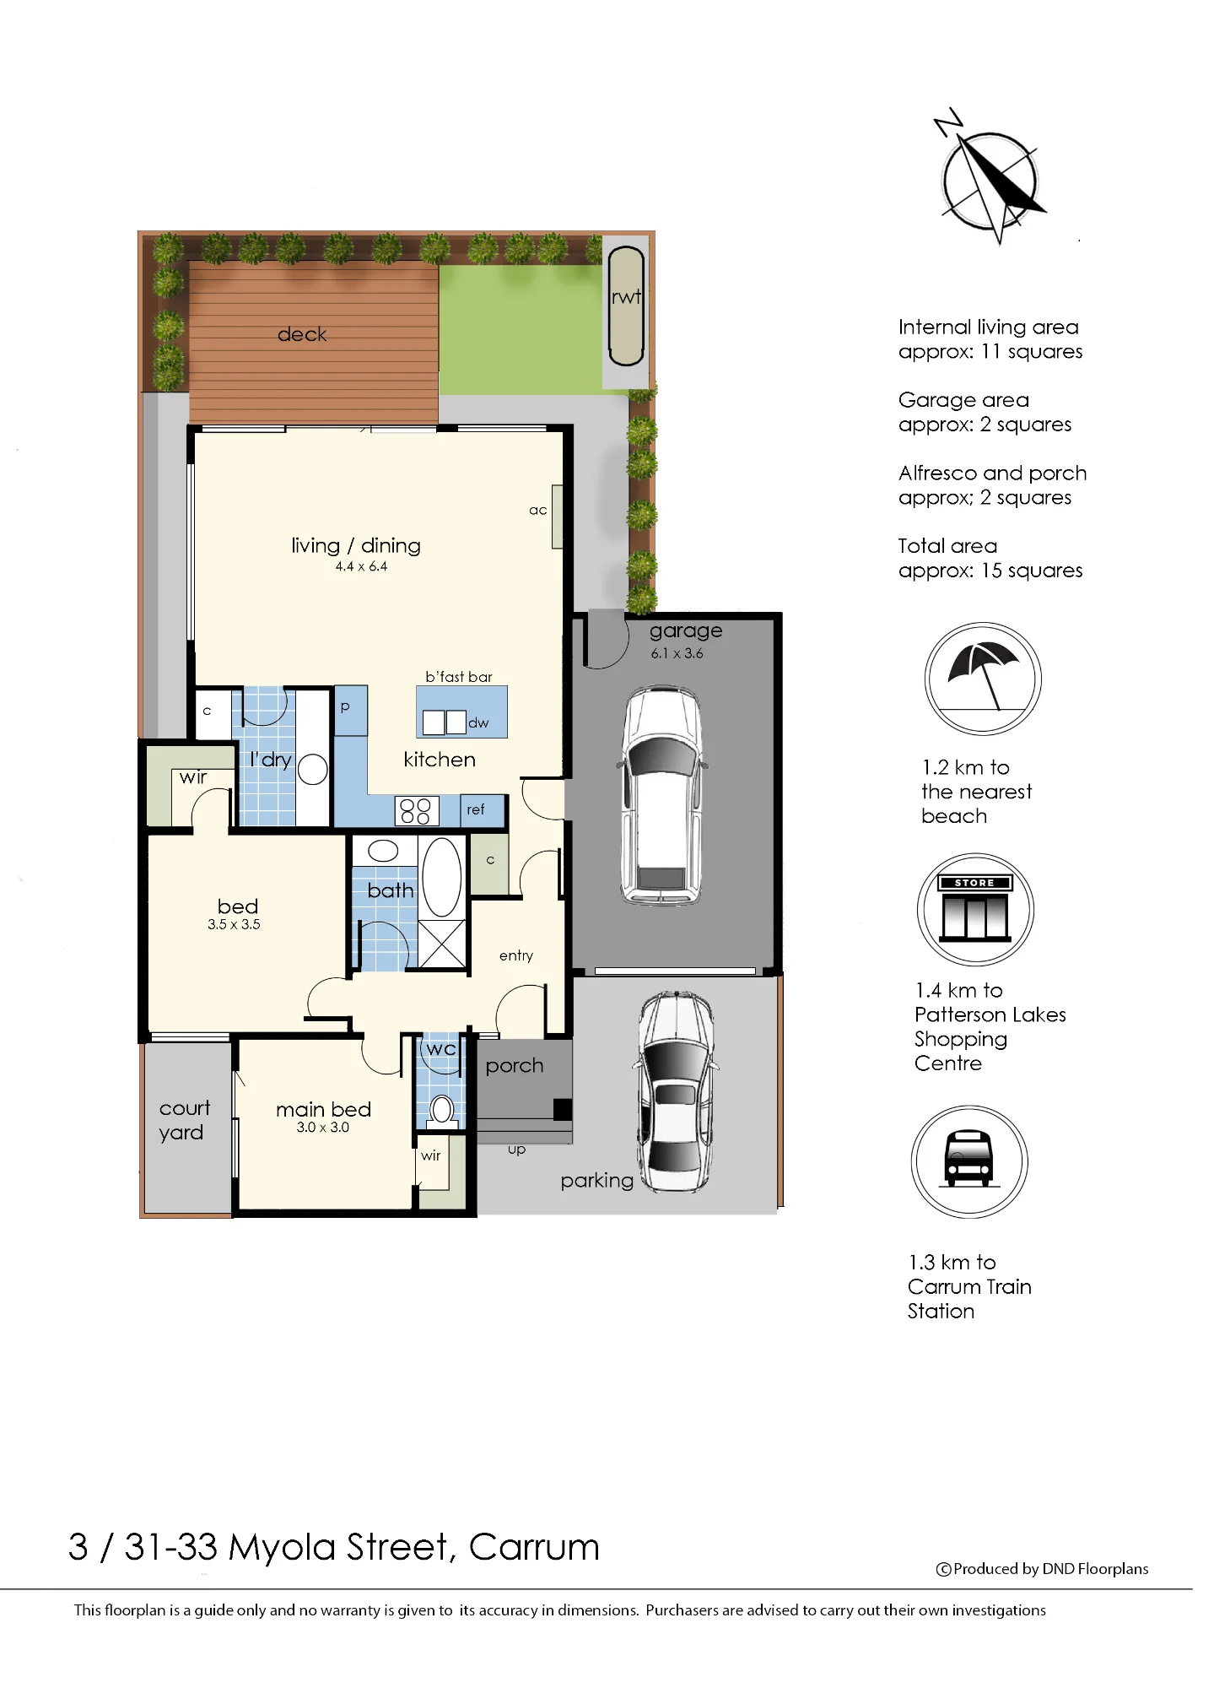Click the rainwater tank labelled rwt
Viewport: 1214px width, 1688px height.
[626, 306]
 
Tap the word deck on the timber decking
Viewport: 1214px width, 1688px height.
[302, 334]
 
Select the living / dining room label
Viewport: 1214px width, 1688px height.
[356, 546]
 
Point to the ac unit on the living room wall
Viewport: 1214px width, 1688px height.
[557, 517]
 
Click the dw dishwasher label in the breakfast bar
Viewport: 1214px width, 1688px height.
[478, 722]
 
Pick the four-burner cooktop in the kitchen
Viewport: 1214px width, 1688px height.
[417, 811]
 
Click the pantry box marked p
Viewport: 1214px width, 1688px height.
[351, 710]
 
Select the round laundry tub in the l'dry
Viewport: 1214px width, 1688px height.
[312, 770]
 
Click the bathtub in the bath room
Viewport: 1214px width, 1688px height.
[441, 877]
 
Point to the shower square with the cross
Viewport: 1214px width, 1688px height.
[442, 944]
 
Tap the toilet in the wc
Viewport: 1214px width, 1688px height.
[441, 1111]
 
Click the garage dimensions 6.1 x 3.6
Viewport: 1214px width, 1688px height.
[677, 653]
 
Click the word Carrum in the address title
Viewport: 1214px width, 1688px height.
[534, 1547]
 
